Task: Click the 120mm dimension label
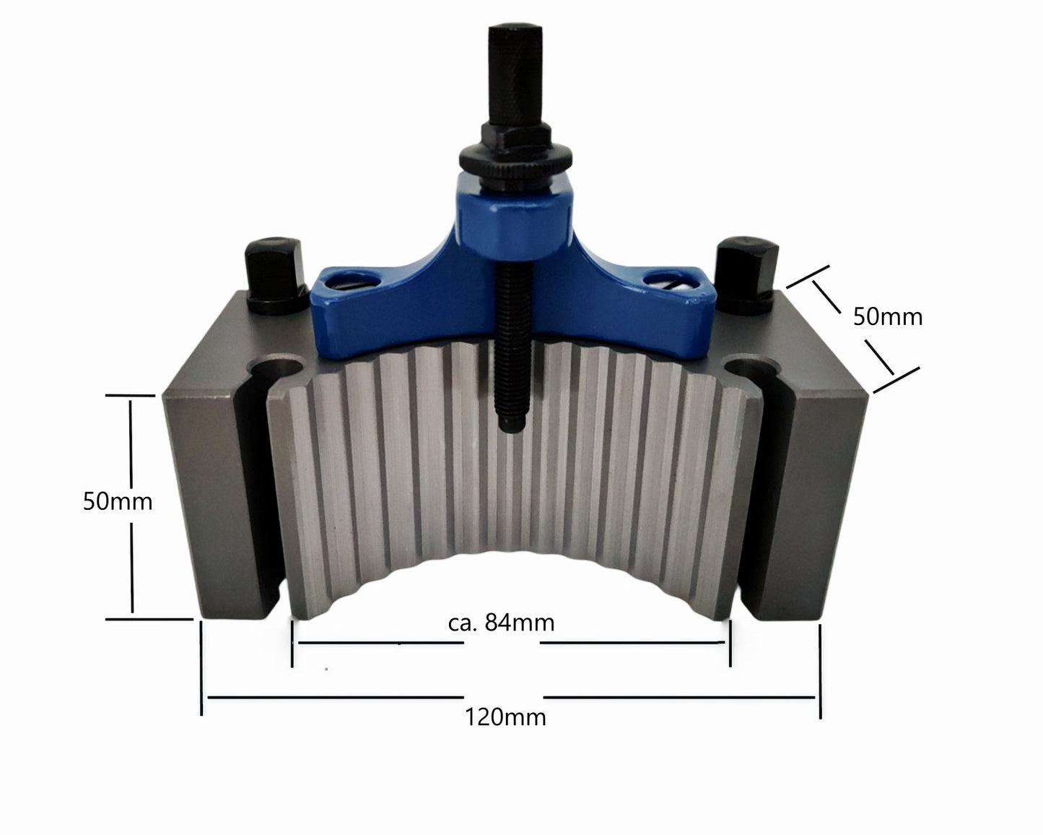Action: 505,717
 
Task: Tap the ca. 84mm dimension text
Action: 501,623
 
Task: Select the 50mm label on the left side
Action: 118,501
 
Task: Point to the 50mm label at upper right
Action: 888,317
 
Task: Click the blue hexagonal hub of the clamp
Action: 515,225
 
